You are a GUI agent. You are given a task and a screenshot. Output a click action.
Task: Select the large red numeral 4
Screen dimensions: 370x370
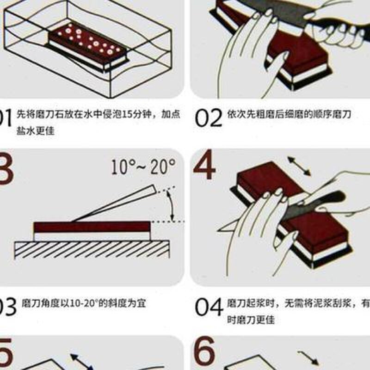point(204,165)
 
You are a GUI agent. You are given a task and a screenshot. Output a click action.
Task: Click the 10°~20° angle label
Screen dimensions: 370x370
point(143,166)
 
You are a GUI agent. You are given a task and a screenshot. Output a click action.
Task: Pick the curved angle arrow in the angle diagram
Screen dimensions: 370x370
point(171,206)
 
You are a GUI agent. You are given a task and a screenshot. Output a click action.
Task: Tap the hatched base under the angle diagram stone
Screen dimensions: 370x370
point(90,250)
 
